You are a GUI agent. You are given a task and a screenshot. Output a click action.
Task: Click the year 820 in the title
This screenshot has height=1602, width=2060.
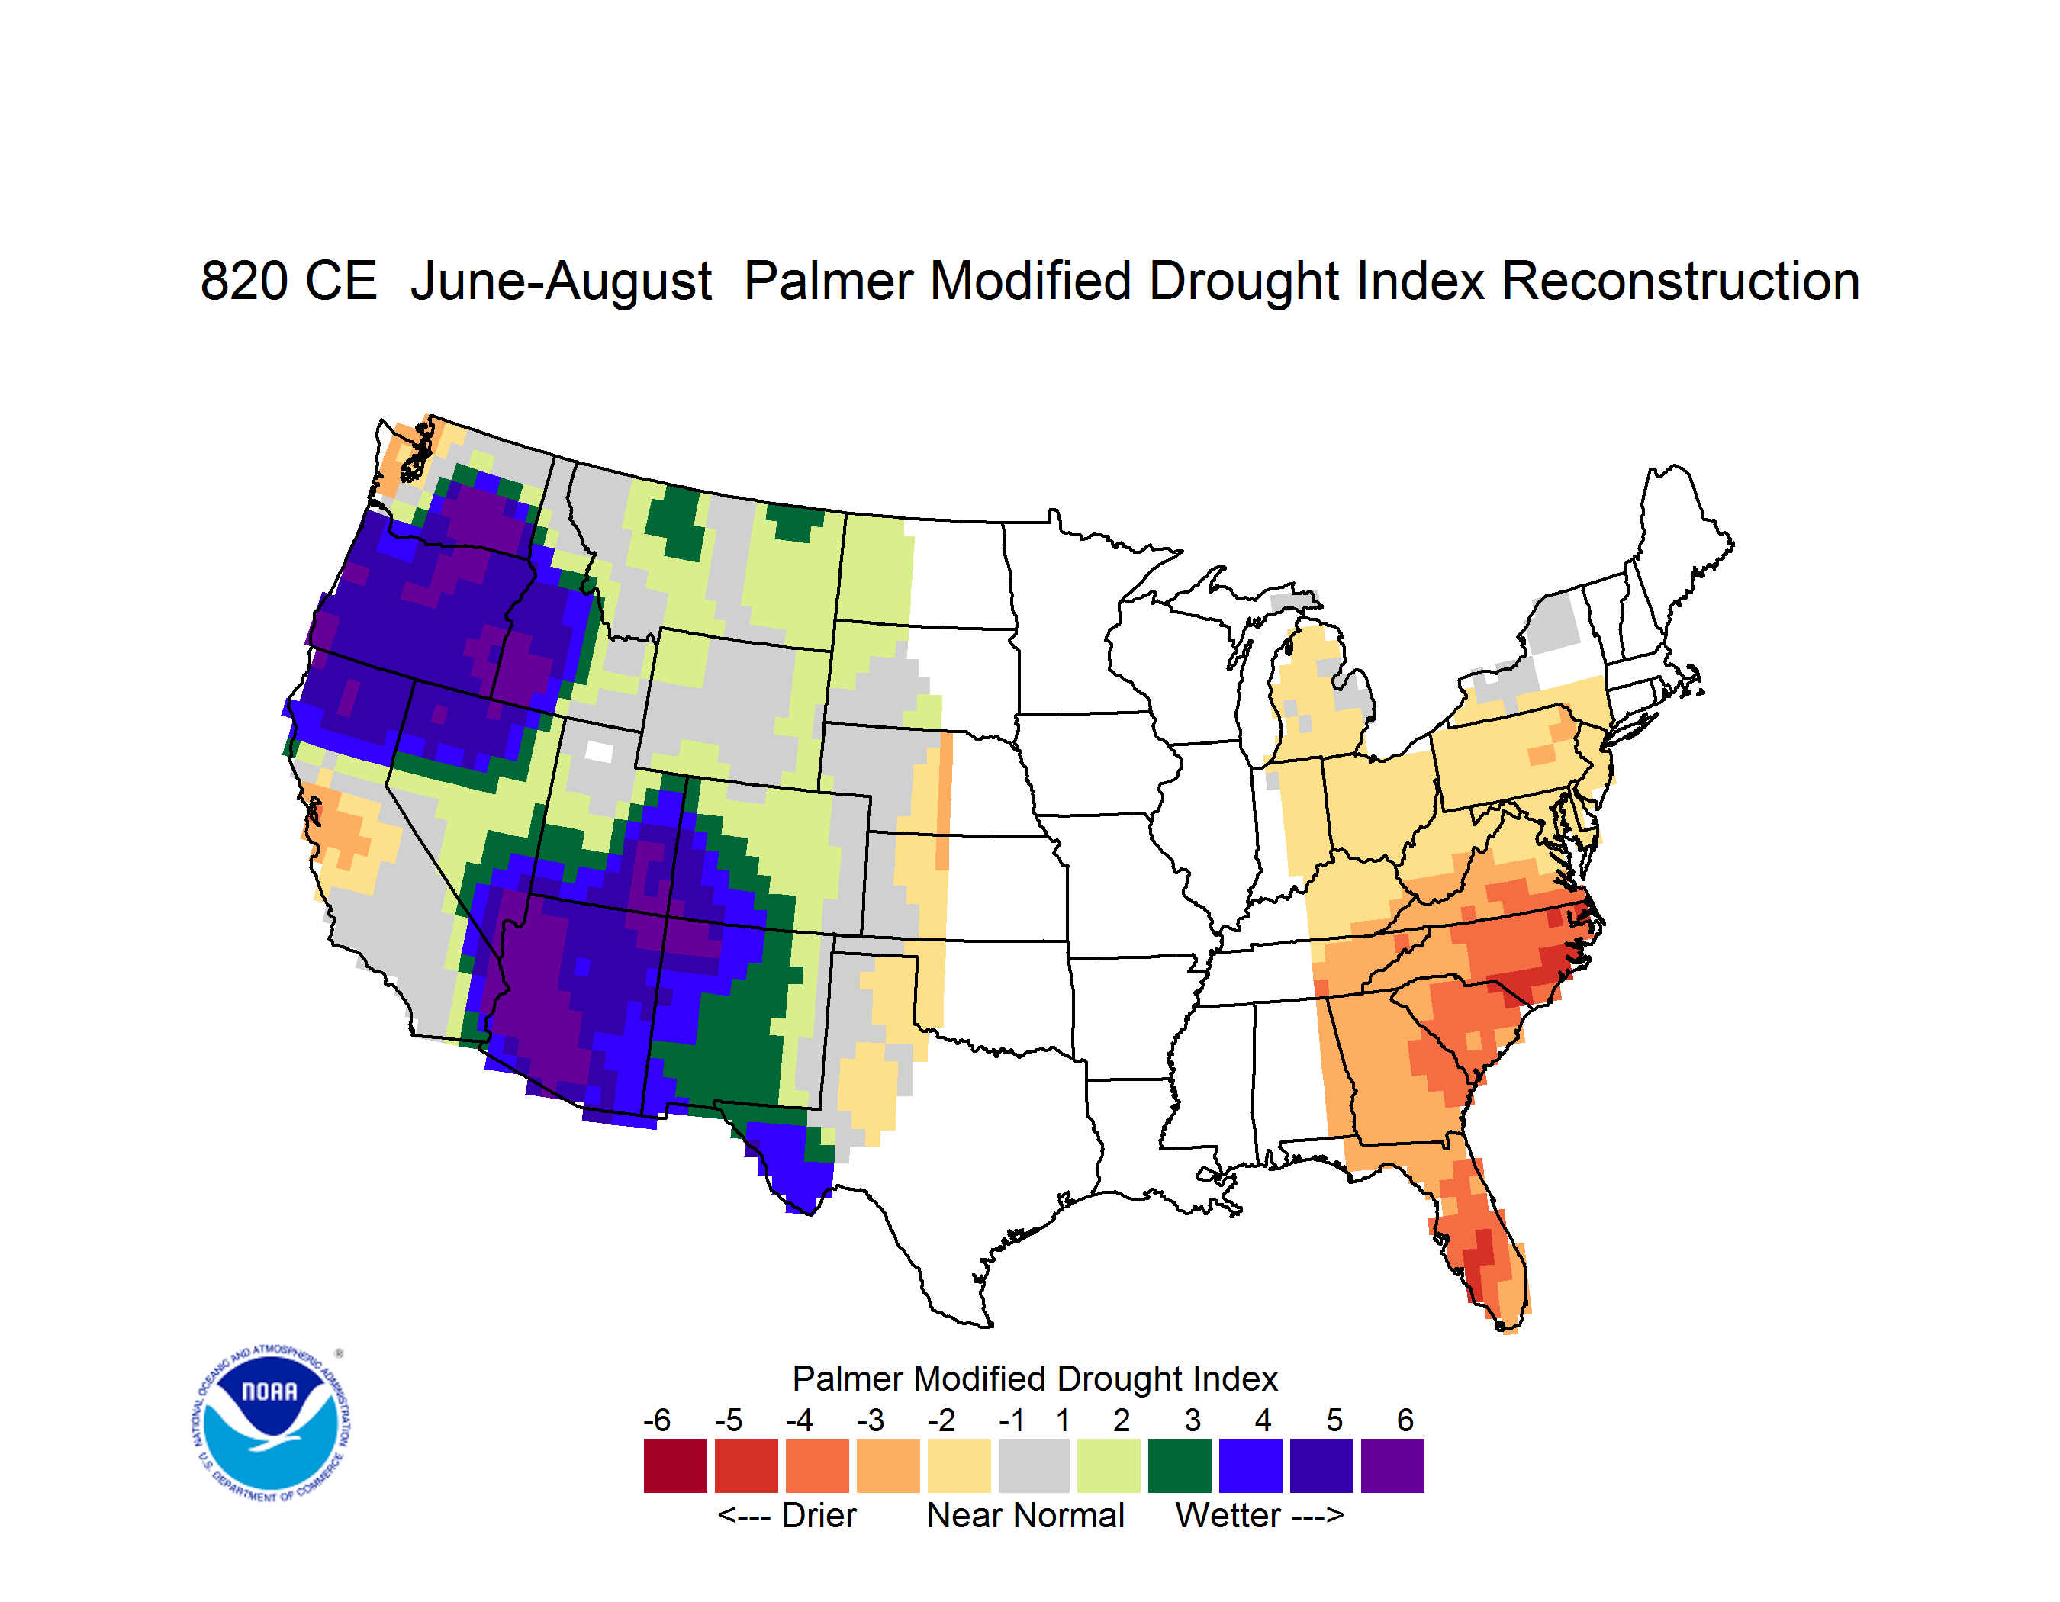pyautogui.click(x=244, y=281)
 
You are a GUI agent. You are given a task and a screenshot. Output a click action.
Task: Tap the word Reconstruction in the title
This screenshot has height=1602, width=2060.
pyautogui.click(x=1680, y=281)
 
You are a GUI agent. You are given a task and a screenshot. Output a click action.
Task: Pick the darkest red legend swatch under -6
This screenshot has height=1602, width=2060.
pyautogui.click(x=675, y=1465)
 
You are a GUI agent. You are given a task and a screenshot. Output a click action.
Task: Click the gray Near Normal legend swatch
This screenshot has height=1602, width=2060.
pyautogui.click(x=1034, y=1465)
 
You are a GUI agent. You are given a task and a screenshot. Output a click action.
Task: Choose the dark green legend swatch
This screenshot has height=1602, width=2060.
pyautogui.click(x=1179, y=1465)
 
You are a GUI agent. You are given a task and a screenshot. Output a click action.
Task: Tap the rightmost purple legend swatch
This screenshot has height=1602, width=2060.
pyautogui.click(x=1392, y=1465)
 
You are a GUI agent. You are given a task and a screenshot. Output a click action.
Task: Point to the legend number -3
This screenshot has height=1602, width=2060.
pyautogui.click(x=871, y=1420)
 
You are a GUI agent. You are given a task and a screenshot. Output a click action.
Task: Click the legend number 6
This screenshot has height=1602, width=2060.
pyautogui.click(x=1405, y=1420)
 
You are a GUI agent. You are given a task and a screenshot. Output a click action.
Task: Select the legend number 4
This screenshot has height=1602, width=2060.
pyautogui.click(x=1263, y=1420)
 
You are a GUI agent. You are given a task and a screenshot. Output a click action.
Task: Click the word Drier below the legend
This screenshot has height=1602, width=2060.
pyautogui.click(x=819, y=1515)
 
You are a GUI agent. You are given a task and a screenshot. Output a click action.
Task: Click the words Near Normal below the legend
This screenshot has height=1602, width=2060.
pyautogui.click(x=1026, y=1515)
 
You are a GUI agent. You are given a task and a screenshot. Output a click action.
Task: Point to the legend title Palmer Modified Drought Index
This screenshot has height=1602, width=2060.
pyautogui.click(x=1035, y=1378)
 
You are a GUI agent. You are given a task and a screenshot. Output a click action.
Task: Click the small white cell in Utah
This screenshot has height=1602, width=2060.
pyautogui.click(x=599, y=751)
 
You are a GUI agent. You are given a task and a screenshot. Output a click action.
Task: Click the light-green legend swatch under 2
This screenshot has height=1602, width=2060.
pyautogui.click(x=1109, y=1465)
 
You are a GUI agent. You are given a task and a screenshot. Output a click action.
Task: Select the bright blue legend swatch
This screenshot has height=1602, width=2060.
pyautogui.click(x=1250, y=1465)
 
